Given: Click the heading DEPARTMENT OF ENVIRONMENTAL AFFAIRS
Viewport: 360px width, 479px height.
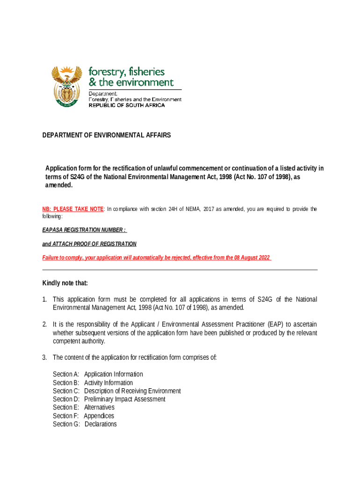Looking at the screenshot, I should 107,135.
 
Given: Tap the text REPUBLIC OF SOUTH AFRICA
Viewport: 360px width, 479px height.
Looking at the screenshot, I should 127,105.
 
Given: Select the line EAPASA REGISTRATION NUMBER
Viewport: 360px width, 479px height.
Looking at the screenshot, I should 84,230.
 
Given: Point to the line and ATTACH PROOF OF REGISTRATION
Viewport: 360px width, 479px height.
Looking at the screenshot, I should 89,244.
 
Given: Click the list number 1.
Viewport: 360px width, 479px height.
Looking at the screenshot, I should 44,299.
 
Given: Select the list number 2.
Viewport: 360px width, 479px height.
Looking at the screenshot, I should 44,324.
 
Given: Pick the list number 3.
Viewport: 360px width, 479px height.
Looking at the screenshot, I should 44,358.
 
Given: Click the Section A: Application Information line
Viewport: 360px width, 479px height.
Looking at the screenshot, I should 98,374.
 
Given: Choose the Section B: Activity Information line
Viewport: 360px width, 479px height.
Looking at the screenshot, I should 93,383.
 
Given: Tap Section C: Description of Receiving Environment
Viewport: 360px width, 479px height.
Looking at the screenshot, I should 116,391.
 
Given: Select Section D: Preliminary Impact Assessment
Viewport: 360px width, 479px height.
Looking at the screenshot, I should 109,399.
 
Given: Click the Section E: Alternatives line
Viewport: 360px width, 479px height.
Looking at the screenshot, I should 83,407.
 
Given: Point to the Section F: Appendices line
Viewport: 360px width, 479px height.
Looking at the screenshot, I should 83,416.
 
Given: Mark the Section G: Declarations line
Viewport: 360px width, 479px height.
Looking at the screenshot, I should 85,424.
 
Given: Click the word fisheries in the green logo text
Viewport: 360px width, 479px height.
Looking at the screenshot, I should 146,72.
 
